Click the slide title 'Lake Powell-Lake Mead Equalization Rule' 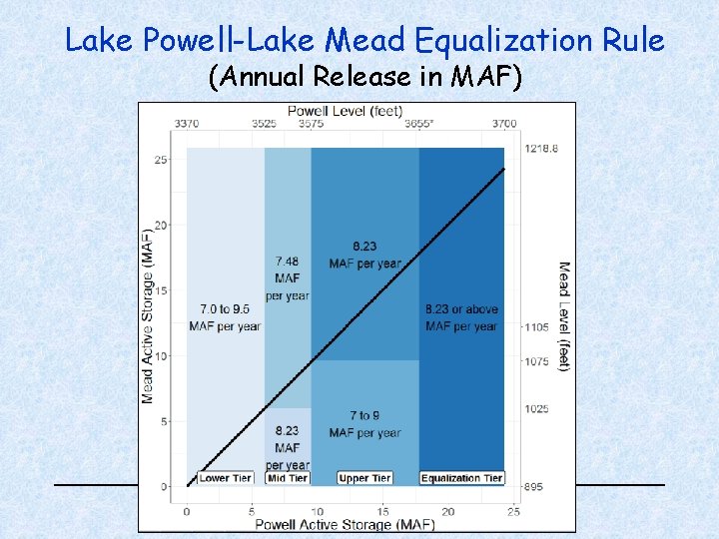(364, 40)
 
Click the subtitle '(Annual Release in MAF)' (364, 77)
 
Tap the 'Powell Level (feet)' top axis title (347, 110)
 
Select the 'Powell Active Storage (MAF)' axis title (345, 524)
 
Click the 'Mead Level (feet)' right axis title (564, 316)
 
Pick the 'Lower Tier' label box (226, 478)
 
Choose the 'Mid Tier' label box (288, 478)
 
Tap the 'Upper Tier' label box (364, 478)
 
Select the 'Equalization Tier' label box (461, 478)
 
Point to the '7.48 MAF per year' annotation (288, 278)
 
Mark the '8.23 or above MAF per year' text (461, 318)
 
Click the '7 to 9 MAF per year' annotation (364, 424)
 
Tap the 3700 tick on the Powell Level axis (503, 124)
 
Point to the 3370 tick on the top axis (187, 124)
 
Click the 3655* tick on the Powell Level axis (419, 124)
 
